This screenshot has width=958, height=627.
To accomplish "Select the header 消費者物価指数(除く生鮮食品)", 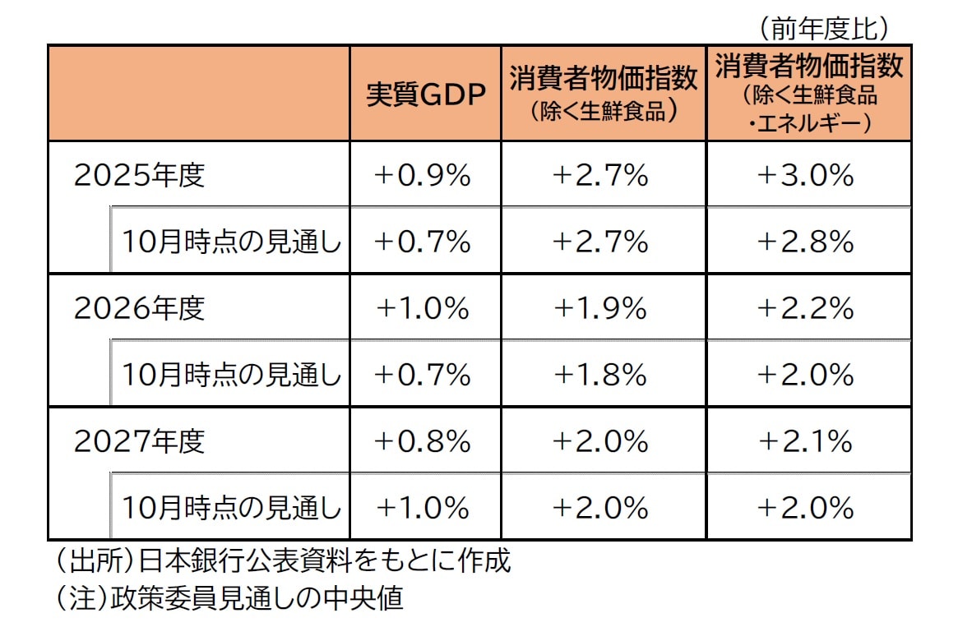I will click(x=604, y=92).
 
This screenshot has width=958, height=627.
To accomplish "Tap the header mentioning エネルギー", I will click(x=809, y=92).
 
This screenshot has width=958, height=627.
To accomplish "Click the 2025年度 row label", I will click(x=139, y=175).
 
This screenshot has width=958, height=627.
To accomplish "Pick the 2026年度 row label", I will click(x=139, y=308).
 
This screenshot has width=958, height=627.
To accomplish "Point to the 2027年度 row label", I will click(x=139, y=441).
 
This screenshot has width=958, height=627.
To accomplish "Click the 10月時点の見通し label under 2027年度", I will click(x=231, y=508).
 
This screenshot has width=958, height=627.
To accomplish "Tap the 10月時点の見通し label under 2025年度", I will click(x=231, y=242).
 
